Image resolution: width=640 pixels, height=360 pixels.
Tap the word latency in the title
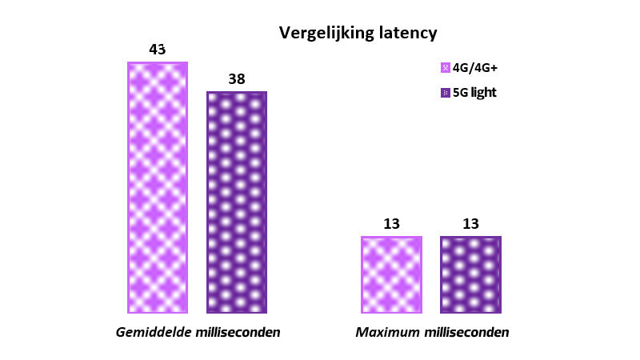(x=407, y=33)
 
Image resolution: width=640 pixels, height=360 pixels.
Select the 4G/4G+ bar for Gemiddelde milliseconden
(x=158, y=187)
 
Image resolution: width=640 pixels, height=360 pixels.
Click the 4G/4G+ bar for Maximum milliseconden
(x=391, y=274)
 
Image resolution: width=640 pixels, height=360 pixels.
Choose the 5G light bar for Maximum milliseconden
(x=470, y=274)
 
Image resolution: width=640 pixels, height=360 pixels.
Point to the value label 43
(x=158, y=50)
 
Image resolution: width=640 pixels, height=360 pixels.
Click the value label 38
(x=236, y=79)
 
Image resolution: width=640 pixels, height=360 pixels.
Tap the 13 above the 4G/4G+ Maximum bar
(x=391, y=224)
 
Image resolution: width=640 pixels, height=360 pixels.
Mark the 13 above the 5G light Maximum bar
(x=470, y=224)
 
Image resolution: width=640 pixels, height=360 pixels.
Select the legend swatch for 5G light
(x=446, y=93)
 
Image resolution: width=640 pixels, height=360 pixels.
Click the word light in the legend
(x=484, y=93)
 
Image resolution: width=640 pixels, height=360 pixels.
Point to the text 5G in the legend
(x=461, y=93)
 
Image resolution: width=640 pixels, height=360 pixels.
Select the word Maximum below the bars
(x=383, y=332)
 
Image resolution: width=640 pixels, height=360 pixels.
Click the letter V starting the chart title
(x=284, y=33)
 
